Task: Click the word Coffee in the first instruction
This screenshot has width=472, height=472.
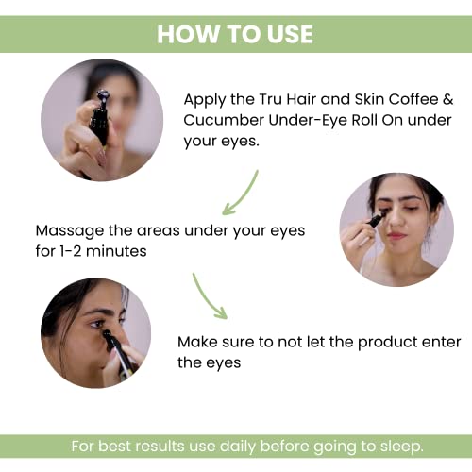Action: (x=413, y=99)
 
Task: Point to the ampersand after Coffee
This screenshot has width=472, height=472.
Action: (x=447, y=99)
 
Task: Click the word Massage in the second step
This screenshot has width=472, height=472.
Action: (x=70, y=231)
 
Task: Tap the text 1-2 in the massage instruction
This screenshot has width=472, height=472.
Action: (x=71, y=251)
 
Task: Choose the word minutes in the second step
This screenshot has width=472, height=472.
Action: (x=116, y=251)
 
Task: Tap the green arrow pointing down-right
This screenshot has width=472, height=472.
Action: (x=209, y=296)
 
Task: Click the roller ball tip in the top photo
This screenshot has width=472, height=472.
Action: (x=103, y=94)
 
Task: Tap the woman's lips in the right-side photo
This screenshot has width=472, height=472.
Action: (x=396, y=235)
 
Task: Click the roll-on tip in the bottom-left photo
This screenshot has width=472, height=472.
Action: (x=107, y=334)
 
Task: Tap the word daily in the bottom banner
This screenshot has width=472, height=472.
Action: (x=238, y=447)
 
